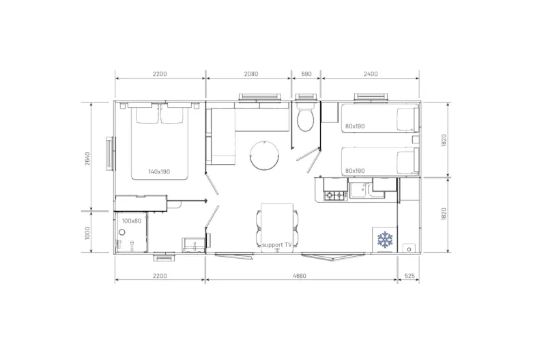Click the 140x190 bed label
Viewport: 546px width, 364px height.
click(x=159, y=171)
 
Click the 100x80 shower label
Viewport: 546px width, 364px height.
click(x=132, y=221)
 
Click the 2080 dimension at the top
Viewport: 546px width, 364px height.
click(x=250, y=74)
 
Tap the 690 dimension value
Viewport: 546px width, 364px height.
click(x=306, y=74)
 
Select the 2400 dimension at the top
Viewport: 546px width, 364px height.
click(x=371, y=74)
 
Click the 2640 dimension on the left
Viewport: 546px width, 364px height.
click(x=87, y=156)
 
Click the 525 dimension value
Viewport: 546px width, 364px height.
click(x=409, y=275)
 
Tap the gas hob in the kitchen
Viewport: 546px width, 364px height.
click(x=335, y=196)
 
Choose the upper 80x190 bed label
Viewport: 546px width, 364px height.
click(x=356, y=126)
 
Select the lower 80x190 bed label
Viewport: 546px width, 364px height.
click(x=356, y=170)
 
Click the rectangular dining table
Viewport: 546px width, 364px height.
click(x=276, y=223)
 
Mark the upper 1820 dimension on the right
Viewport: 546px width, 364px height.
click(x=444, y=141)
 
